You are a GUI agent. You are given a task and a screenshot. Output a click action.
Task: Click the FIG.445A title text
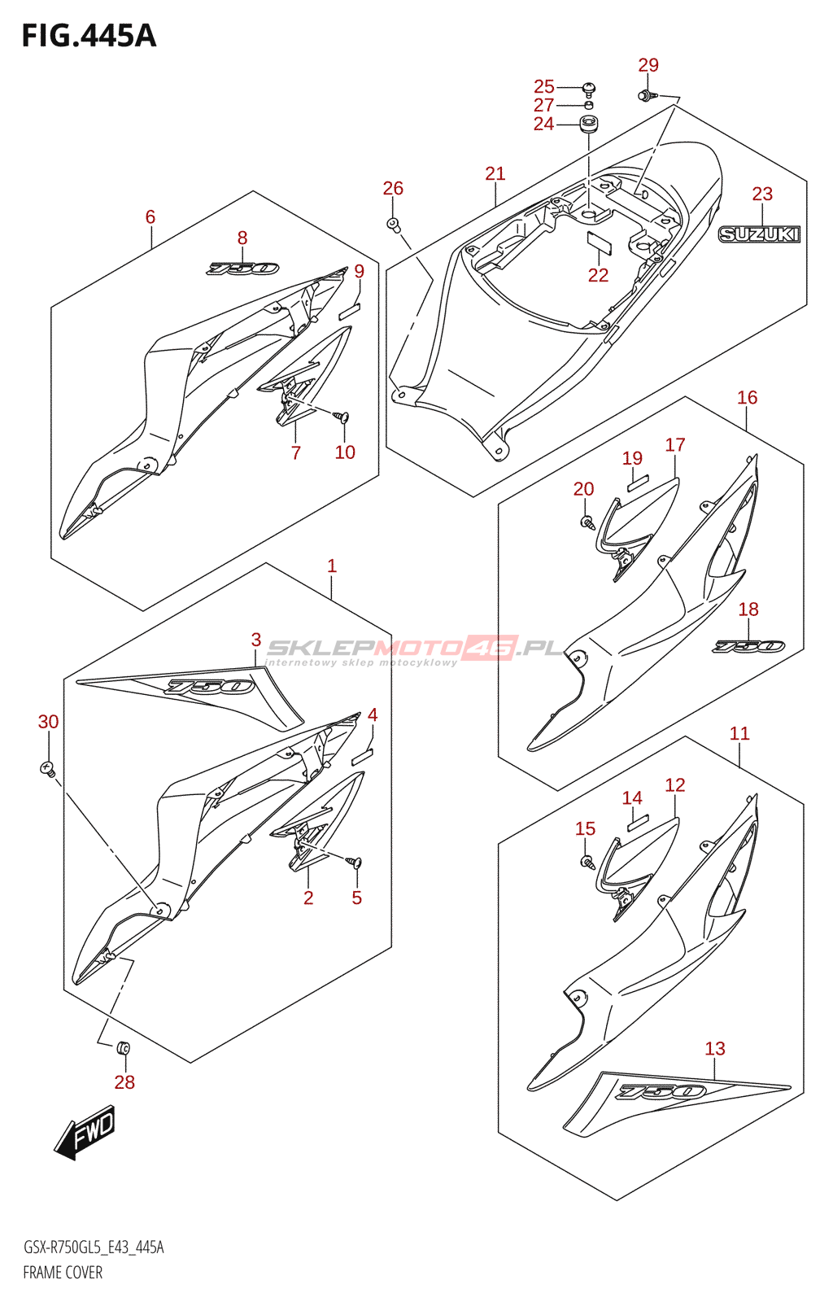89,36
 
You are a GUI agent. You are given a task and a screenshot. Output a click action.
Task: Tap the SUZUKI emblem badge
759,234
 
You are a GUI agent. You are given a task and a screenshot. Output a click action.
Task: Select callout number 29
648,65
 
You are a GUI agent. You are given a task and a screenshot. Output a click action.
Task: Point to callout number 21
495,173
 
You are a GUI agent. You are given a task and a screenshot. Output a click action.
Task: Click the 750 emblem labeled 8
243,269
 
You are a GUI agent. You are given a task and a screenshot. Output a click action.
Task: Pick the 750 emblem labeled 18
749,646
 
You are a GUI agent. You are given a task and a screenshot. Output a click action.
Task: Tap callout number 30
48,722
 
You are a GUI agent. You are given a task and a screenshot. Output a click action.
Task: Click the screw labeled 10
342,417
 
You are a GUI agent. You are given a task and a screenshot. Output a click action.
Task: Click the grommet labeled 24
588,125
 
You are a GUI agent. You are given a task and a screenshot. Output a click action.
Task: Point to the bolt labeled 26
393,224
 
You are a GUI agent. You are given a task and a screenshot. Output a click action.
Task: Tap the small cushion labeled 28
124,1047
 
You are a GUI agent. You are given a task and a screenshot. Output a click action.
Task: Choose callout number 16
747,397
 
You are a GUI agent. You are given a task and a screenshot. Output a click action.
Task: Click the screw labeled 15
586,861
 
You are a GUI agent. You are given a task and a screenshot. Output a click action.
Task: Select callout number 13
714,1049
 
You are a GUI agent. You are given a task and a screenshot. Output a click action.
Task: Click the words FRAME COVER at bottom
63,1273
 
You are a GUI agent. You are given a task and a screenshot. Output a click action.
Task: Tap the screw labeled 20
586,521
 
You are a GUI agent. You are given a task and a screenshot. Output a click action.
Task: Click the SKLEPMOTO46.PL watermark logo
415,649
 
